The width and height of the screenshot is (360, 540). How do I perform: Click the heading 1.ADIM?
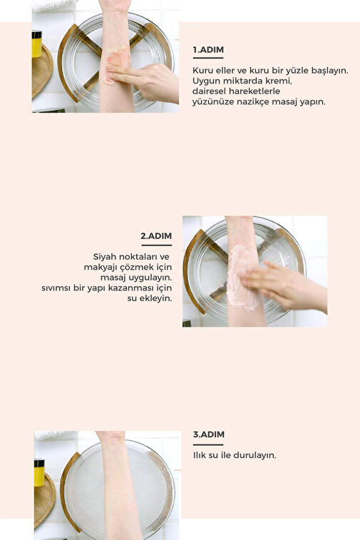[x=208, y=50]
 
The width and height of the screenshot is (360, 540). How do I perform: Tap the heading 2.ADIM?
[x=156, y=236]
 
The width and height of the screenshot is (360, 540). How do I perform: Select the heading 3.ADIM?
[x=209, y=434]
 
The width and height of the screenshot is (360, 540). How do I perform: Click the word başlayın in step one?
[x=330, y=71]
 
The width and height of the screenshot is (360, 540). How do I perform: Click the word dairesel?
[x=209, y=91]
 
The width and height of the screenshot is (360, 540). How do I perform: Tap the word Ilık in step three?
[x=200, y=455]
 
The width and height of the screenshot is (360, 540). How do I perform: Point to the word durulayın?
[x=254, y=455]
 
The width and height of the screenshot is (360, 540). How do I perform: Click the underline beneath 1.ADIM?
[x=208, y=58]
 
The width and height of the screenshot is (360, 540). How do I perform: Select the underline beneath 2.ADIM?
[x=157, y=245]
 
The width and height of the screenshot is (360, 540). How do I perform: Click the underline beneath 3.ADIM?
[x=208, y=444]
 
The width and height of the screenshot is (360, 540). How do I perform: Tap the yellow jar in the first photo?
[x=36, y=44]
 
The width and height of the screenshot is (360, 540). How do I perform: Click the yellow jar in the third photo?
[x=39, y=472]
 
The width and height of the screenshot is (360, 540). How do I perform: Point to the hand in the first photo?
[x=145, y=82]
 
